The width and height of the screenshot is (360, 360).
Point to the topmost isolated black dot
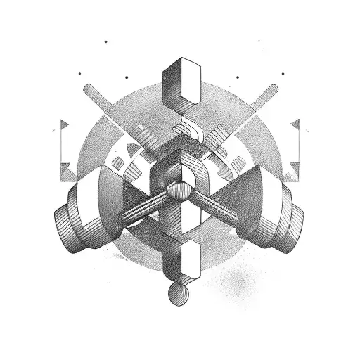(x=105, y=41)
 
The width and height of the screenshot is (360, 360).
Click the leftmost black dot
(x=79, y=72)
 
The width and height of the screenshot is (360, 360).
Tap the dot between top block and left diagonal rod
(x=127, y=77)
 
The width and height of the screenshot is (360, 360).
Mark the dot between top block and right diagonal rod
(x=238, y=77)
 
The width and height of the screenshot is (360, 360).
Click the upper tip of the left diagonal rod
(x=87, y=88)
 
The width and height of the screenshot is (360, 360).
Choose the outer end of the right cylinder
(x=292, y=226)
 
